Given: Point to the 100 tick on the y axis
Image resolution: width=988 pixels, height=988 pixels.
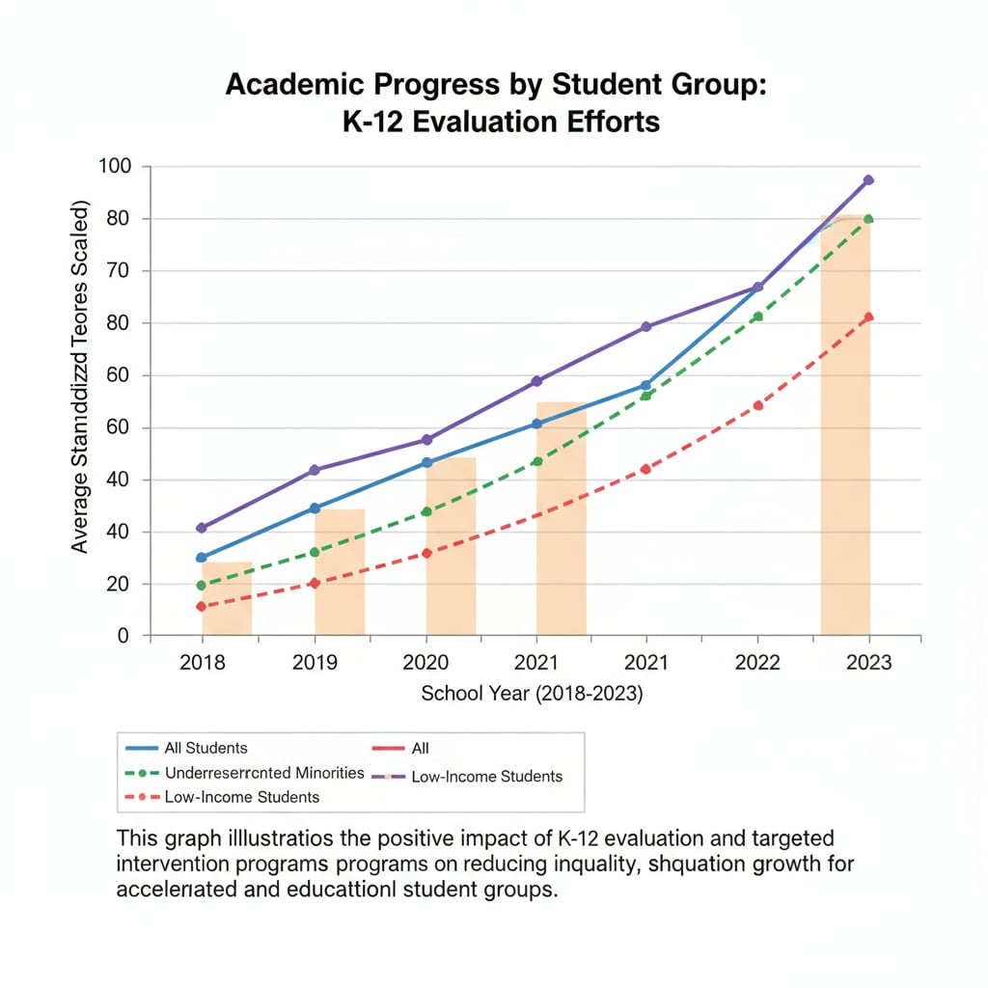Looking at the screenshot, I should (114, 167).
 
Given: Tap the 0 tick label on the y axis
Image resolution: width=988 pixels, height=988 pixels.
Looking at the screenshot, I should (122, 636).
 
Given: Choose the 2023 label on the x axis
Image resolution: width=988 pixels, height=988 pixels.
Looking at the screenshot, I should (868, 664).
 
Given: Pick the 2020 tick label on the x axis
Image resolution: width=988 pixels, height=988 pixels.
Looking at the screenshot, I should (424, 664).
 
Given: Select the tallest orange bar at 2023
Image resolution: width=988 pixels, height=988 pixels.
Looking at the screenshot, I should (845, 434).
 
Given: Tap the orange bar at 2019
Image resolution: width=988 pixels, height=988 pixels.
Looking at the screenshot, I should (340, 574).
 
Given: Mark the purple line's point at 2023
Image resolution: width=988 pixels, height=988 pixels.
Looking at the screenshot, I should (868, 180).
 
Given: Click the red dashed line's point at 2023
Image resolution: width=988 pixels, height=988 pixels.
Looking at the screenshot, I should (868, 317).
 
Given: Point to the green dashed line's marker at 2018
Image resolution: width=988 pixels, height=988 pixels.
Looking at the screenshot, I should (201, 586).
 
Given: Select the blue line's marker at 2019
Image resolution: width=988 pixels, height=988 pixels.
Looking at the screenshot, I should (314, 508).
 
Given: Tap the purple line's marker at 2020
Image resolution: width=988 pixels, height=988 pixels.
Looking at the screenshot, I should (425, 440).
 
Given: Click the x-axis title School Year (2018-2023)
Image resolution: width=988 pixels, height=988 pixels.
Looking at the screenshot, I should (533, 694).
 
